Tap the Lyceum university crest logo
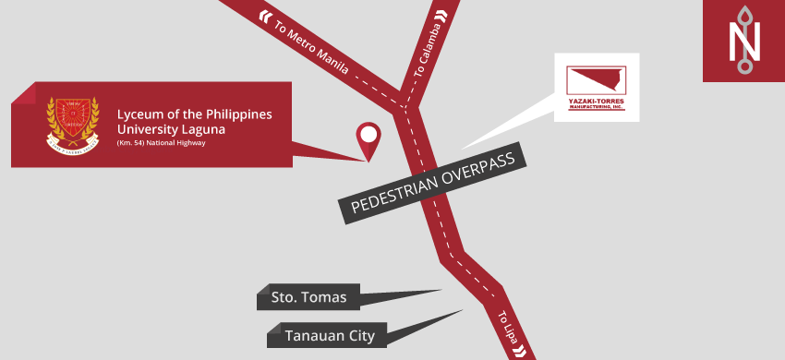[73, 124]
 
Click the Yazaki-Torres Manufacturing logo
[596, 88]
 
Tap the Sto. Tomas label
[309, 297]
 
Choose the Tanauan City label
[330, 336]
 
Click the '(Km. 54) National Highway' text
[161, 143]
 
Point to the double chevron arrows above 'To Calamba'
[441, 14]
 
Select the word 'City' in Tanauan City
[359, 336]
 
